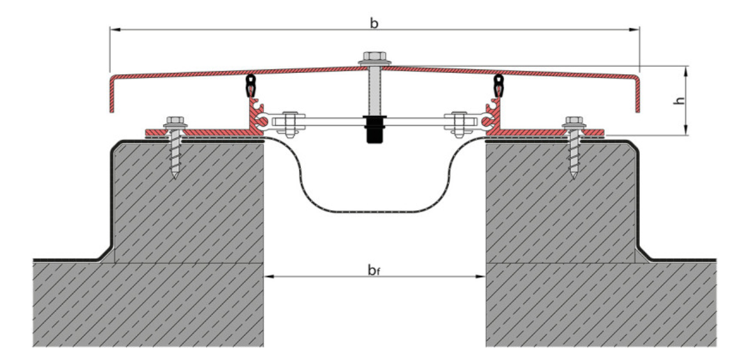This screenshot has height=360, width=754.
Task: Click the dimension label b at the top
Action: [x=374, y=24]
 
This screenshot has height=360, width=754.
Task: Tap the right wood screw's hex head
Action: [x=572, y=120]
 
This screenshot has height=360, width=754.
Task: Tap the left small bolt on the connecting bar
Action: [x=289, y=122]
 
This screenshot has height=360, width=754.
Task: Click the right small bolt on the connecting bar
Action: [x=458, y=122]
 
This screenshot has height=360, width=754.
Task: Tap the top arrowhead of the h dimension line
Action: [x=686, y=69]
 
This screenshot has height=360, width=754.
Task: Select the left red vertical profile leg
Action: [x=250, y=115]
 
